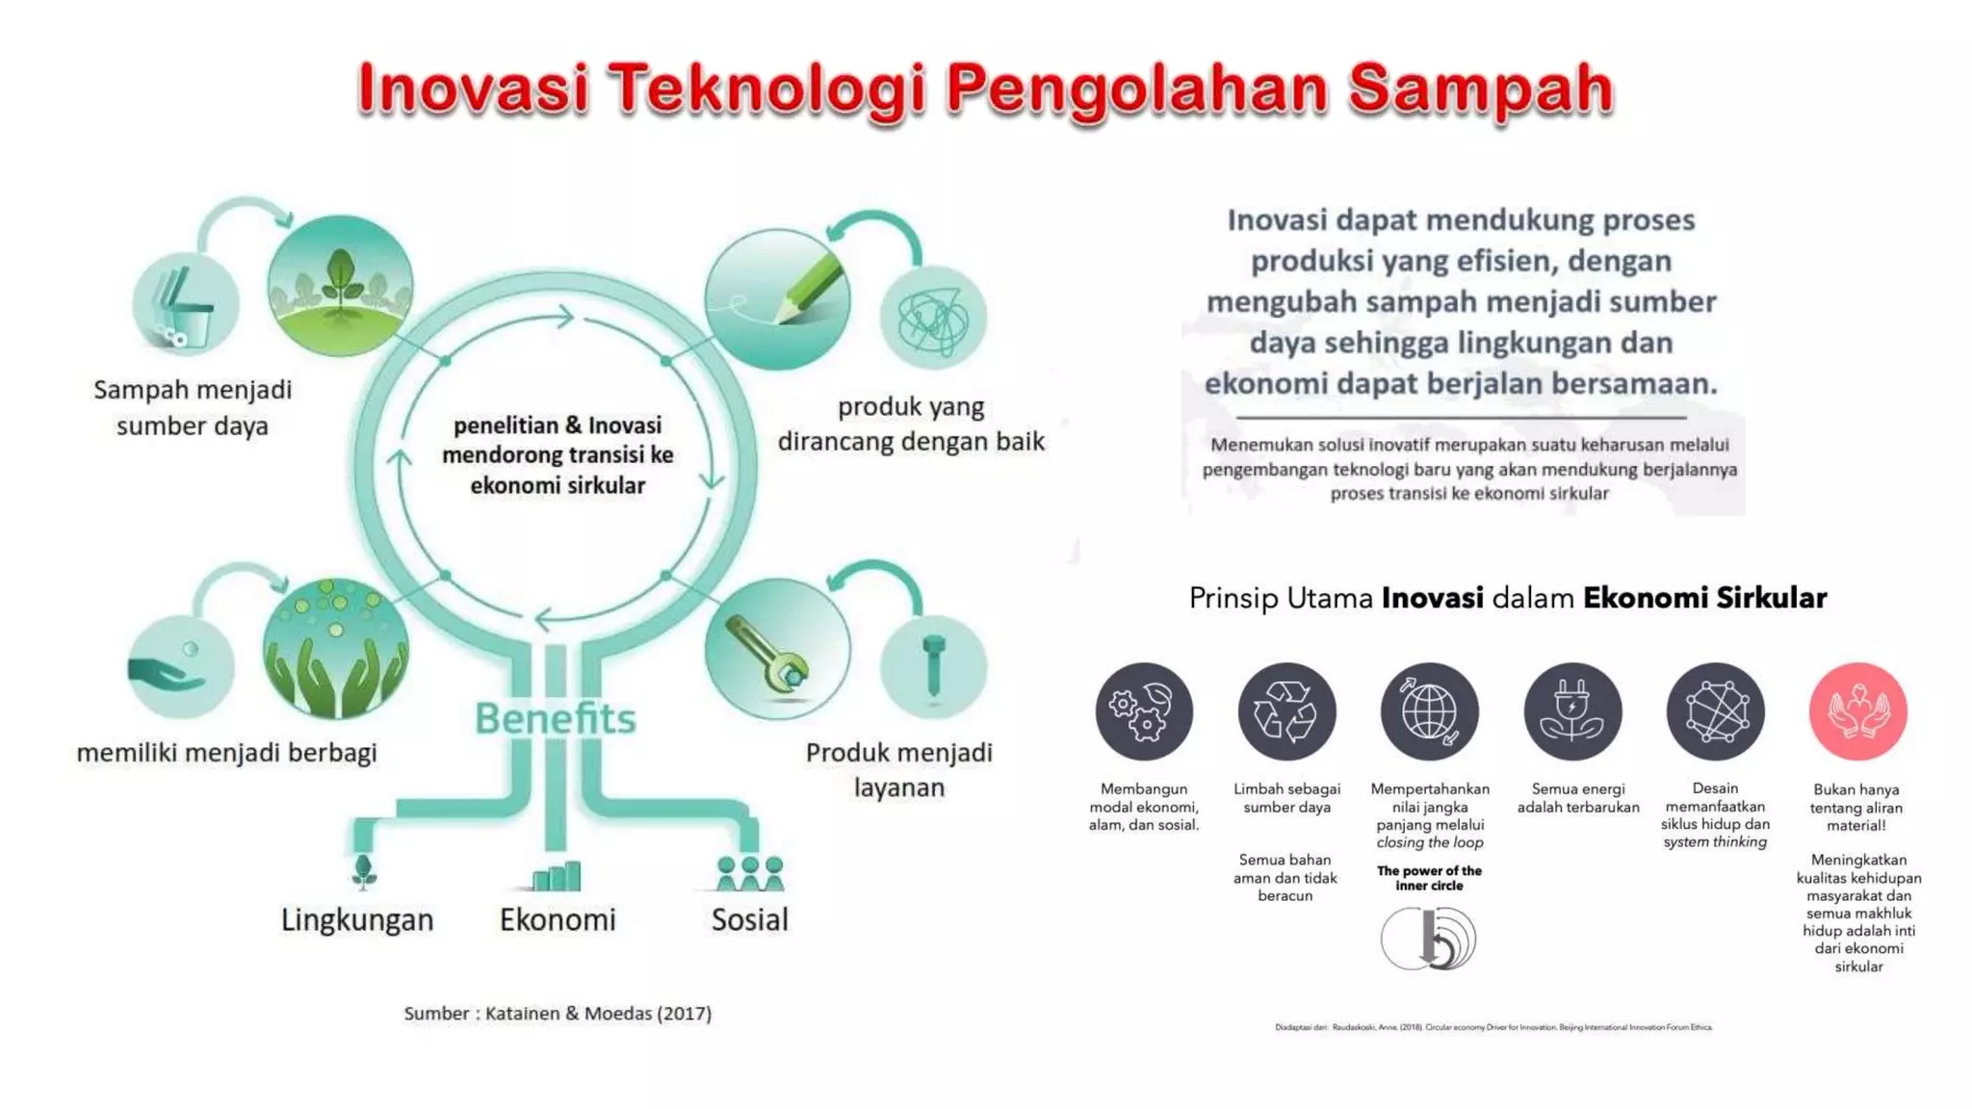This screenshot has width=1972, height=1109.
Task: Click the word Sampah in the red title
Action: (x=1479, y=89)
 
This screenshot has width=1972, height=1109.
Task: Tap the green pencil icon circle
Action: (x=777, y=299)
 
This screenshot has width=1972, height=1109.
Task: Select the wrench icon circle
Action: (x=777, y=649)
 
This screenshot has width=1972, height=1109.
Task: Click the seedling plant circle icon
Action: (x=340, y=286)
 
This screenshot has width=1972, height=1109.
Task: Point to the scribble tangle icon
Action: (x=933, y=319)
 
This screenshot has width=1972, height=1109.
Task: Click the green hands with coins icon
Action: (x=336, y=649)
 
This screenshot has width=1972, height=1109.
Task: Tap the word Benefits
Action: (x=556, y=718)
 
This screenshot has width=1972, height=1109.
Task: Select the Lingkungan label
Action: (x=357, y=919)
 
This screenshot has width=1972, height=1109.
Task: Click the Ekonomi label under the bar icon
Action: (x=558, y=919)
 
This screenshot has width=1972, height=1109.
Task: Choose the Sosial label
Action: (x=749, y=919)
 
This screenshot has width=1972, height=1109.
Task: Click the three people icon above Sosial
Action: (x=750, y=873)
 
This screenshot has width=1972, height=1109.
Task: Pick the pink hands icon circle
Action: (x=1857, y=711)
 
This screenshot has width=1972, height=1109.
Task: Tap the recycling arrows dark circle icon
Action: (x=1286, y=711)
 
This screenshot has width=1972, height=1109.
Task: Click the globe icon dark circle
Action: (x=1429, y=711)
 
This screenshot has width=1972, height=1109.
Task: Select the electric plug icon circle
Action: (x=1572, y=711)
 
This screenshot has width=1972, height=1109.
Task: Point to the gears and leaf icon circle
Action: (x=1144, y=711)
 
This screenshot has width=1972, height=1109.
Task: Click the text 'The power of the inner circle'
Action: (x=1429, y=878)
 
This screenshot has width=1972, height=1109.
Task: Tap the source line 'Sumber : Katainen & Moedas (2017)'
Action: (x=558, y=1013)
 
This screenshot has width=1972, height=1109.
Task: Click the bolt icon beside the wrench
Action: (x=933, y=666)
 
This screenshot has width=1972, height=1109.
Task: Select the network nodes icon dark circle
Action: (x=1715, y=711)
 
